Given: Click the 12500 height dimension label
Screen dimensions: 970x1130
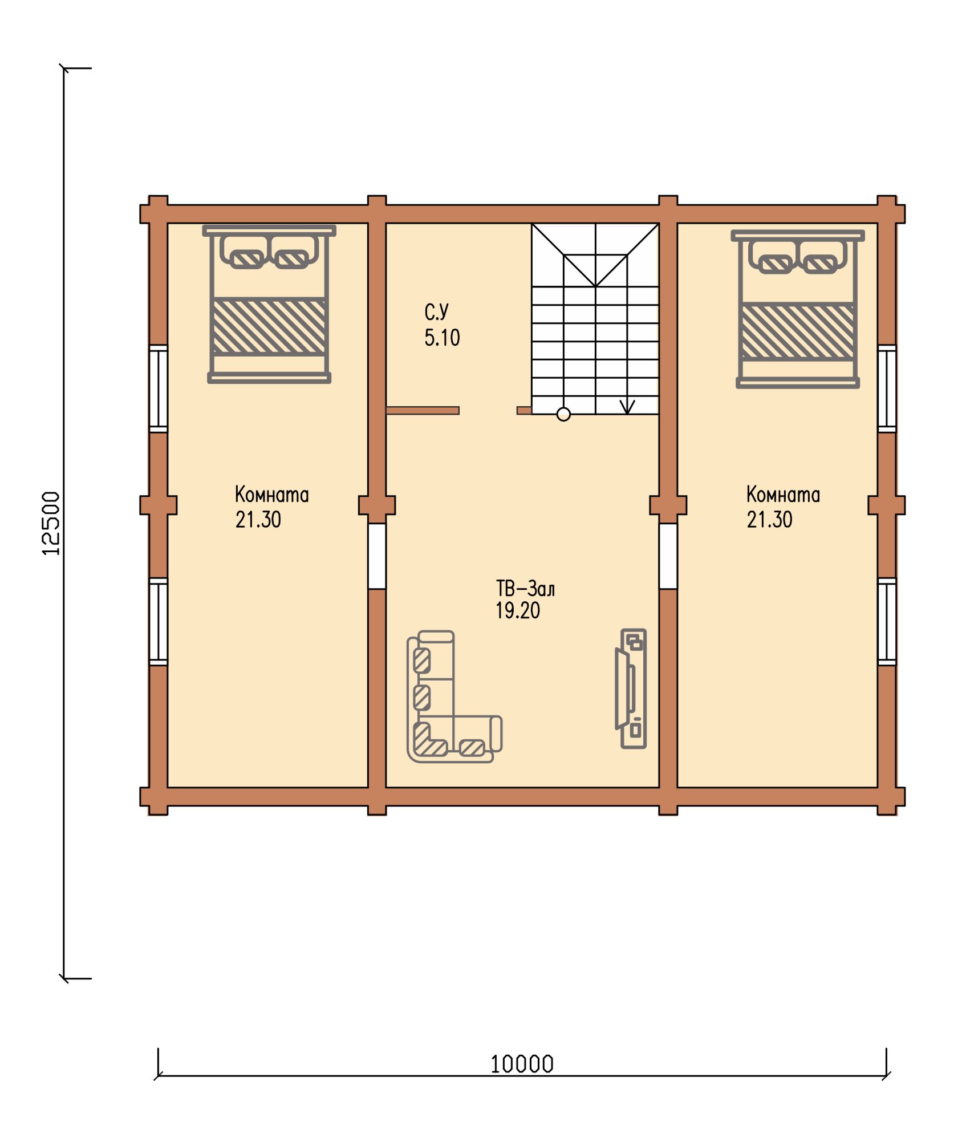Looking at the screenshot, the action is (51, 523).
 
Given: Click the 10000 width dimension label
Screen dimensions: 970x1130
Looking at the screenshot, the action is (522, 1064).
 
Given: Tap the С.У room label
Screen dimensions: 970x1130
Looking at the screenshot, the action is (437, 312).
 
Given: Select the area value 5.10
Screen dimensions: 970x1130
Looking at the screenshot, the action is (442, 338).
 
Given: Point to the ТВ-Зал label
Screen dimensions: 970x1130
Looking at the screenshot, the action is (525, 588).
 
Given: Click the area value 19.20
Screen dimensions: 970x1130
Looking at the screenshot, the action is (518, 611).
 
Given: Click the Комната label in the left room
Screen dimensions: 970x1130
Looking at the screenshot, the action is (272, 495).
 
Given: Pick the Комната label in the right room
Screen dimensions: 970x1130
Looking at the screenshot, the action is (784, 495).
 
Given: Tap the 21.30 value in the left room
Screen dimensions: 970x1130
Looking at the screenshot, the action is (258, 520).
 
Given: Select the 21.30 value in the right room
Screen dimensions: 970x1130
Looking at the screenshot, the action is (770, 520).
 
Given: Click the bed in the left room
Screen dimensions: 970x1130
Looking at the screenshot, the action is (269, 304).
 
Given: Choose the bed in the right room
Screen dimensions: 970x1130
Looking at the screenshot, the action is (798, 309).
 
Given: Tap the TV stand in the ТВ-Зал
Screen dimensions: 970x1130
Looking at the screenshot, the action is (631, 688).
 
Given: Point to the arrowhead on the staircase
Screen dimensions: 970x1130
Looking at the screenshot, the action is (627, 407).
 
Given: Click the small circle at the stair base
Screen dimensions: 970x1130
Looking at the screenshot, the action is (563, 415).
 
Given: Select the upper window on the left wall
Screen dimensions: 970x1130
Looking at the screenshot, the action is (159, 388).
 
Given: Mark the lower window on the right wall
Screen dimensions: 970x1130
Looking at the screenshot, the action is (887, 622).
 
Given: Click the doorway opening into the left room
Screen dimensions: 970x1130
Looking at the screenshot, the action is (377, 556).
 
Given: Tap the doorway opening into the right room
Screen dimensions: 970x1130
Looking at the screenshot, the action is (668, 556).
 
